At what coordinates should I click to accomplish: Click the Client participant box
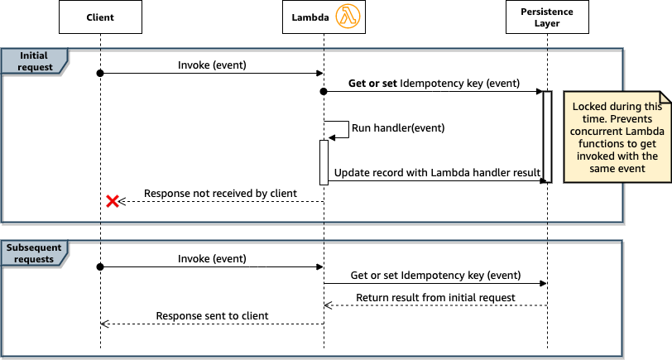coord(100,17)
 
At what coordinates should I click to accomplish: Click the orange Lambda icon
coord(348,17)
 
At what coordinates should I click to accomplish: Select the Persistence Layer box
coord(547,17)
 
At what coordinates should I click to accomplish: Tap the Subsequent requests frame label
coord(33,252)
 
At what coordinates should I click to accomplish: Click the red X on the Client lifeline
coord(113,201)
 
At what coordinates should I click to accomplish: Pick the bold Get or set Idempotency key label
coord(434,84)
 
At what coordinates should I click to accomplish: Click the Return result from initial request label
coord(435,297)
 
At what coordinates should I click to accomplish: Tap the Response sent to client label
coord(212,315)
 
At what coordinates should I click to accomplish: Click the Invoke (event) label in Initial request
coord(212,65)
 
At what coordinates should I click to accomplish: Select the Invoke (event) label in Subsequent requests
coord(212,258)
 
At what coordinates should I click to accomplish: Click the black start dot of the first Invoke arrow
coord(100,74)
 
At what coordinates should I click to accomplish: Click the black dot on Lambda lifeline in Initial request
coord(324,92)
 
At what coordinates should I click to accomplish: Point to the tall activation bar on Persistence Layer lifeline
coord(547,136)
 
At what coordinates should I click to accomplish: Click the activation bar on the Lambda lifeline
coord(324,161)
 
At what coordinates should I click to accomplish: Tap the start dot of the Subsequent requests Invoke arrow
coord(100,267)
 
